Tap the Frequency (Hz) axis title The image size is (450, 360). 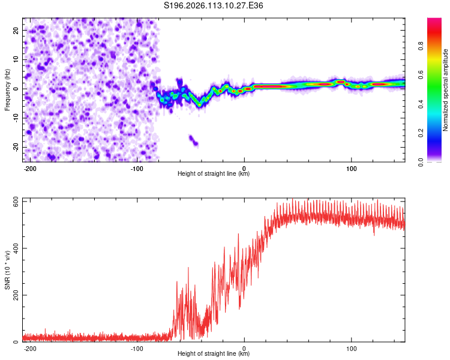pyautogui.click(x=7, y=90)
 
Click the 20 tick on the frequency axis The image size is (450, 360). pyautogui.click(x=16, y=30)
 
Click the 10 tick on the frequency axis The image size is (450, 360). pyautogui.click(x=16, y=59)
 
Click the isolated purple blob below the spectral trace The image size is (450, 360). pyautogui.click(x=193, y=140)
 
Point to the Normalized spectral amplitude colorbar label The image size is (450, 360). pyautogui.click(x=446, y=90)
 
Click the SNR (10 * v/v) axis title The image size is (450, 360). pyautogui.click(x=7, y=270)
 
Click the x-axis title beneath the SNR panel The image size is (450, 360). pyautogui.click(x=214, y=354)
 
